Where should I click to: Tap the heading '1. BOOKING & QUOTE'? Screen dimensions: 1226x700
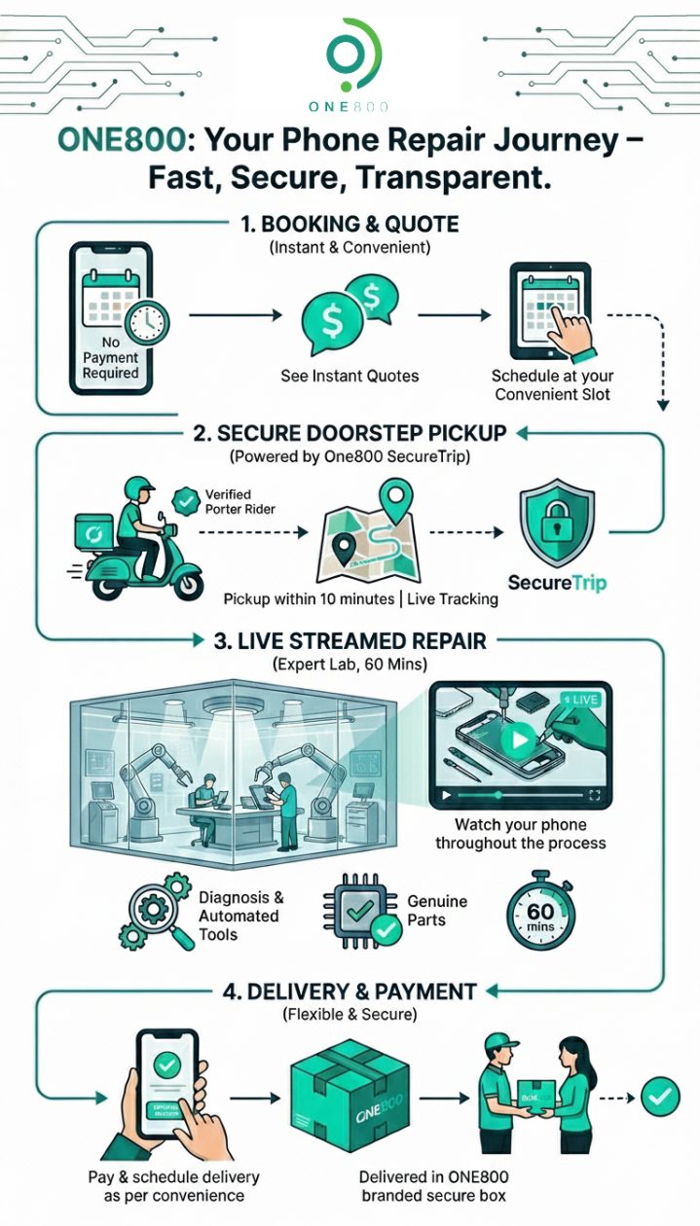coord(350,225)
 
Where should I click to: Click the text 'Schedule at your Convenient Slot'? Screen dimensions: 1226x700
coord(552,384)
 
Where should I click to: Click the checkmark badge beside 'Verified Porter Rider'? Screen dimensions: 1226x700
coord(184,502)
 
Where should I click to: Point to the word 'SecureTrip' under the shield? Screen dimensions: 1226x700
coord(557,583)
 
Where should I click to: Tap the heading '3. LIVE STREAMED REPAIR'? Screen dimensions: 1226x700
coord(350,641)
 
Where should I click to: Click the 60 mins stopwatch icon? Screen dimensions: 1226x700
coord(540,915)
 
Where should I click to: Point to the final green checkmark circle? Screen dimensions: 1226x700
coord(659,1097)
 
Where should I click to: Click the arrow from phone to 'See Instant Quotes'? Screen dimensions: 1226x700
coord(234,315)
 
